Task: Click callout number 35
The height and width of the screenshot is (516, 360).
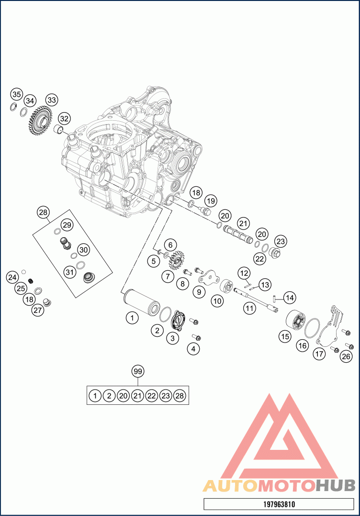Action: [16, 94]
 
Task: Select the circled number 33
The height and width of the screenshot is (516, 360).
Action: [52, 100]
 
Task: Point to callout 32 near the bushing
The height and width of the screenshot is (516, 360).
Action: [65, 118]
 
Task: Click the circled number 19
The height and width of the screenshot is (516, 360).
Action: [211, 201]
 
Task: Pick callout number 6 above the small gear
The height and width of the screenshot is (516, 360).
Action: [170, 245]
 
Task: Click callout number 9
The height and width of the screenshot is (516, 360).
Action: [199, 292]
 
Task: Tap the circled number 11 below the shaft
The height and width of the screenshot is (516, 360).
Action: [249, 308]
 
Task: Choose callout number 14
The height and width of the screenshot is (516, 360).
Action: [289, 298]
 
